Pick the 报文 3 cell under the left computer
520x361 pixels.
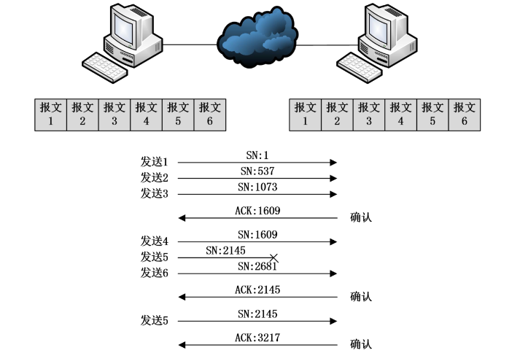114,114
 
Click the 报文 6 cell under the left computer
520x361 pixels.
209,114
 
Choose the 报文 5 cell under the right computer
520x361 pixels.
432,114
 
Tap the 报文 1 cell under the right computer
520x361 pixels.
305,114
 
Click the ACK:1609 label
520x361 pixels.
257,211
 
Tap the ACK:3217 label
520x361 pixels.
257,338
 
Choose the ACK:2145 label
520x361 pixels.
257,290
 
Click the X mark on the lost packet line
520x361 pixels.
273,257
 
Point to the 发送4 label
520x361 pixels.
154,241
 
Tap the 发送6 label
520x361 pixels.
154,273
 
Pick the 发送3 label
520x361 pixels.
154,193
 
